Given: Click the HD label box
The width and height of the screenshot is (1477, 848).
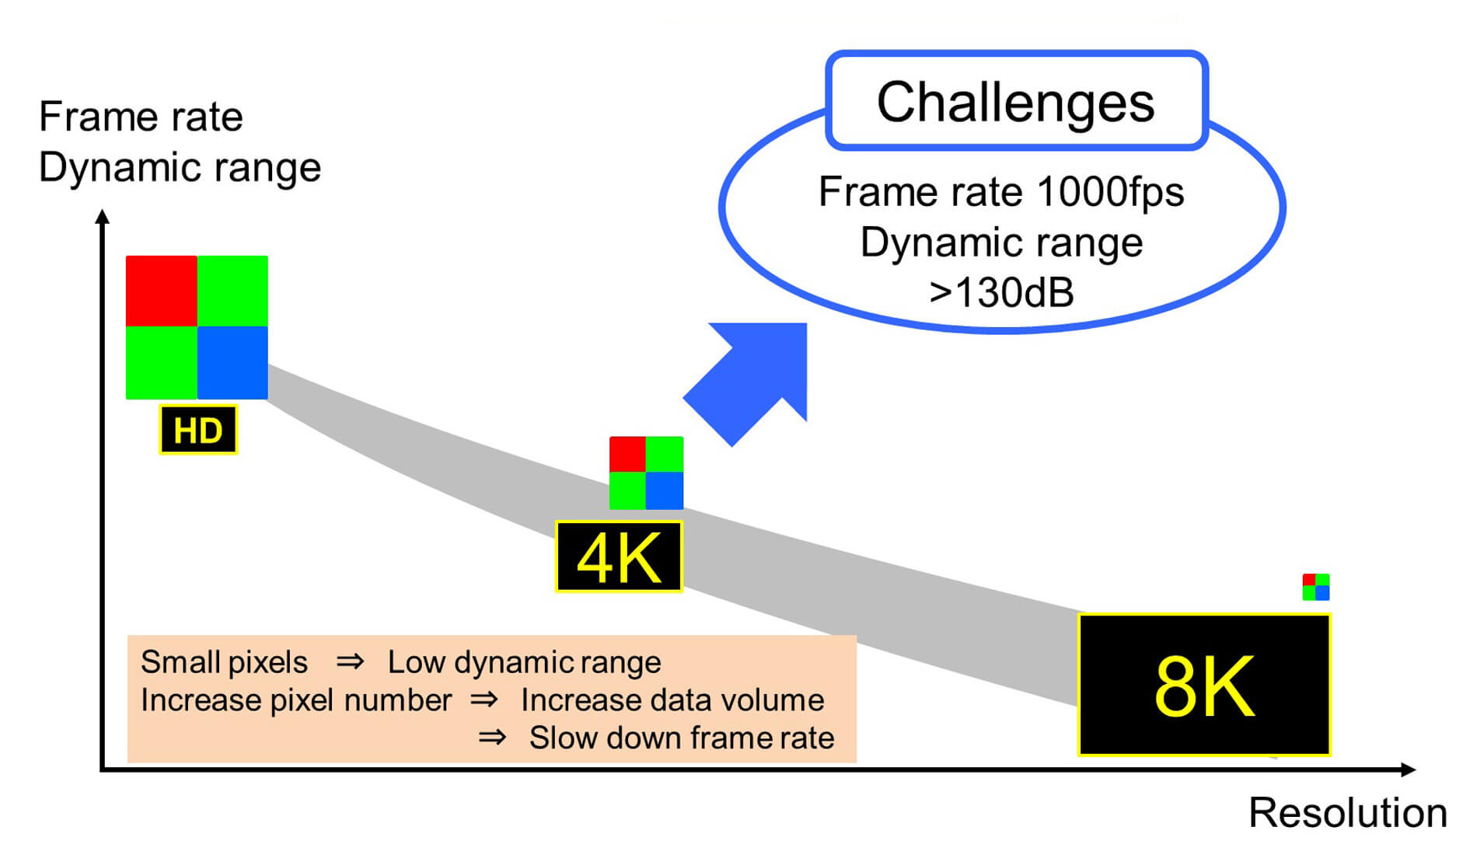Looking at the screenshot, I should [198, 430].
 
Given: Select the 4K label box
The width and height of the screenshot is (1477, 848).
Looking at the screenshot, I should [619, 557].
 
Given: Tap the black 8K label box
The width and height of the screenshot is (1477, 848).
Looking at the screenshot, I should [1204, 685].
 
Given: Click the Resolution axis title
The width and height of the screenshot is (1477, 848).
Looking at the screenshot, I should [1347, 813].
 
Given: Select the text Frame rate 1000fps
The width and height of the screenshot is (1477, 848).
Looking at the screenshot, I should [1001, 191].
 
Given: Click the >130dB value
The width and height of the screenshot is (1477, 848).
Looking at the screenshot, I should [1001, 293].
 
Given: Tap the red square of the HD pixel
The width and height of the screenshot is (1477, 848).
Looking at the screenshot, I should [162, 291].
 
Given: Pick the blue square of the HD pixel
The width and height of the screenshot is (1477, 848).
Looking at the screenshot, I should [232, 362].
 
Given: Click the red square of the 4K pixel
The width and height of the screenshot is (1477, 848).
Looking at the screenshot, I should [627, 455].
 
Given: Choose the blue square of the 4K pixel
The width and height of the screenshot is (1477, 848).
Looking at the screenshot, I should [665, 490].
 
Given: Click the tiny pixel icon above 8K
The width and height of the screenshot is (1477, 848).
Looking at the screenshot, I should [1316, 587].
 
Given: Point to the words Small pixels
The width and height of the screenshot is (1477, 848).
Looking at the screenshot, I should [224, 662].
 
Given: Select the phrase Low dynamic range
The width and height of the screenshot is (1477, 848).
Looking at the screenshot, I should [524, 662].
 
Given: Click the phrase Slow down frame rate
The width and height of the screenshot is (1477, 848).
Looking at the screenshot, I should [682, 738].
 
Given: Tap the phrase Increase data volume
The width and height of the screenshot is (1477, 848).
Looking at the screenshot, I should [672, 700].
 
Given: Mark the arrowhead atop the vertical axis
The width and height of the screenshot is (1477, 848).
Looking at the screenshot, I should [103, 217].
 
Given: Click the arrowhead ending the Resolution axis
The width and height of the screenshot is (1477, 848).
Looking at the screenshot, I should [1408, 769].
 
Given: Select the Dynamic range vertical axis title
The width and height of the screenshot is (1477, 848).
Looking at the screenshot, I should [180, 167].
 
